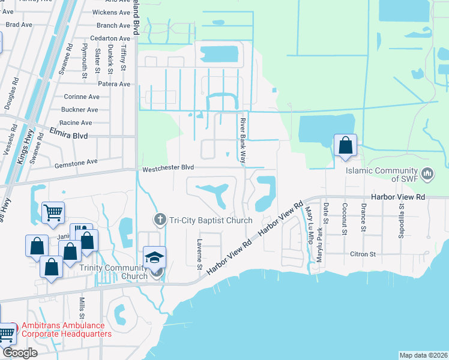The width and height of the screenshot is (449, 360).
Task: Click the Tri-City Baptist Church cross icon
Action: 160,220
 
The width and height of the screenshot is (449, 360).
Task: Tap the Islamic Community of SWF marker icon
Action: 427,174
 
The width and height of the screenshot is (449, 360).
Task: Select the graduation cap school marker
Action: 155,257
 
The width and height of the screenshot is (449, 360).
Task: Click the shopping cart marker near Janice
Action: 53,211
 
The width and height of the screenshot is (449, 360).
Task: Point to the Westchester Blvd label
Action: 168,169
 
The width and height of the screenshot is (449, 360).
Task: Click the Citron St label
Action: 363,254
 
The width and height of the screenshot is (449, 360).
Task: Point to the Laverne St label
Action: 199,254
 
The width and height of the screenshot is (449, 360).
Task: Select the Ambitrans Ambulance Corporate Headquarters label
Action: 66,330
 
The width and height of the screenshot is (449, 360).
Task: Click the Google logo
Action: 19,353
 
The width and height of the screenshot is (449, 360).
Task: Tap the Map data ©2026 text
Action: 423,355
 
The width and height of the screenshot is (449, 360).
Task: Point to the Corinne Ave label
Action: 81,97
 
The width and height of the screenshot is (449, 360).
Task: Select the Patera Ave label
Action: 115,84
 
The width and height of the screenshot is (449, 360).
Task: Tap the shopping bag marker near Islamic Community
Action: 345,146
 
